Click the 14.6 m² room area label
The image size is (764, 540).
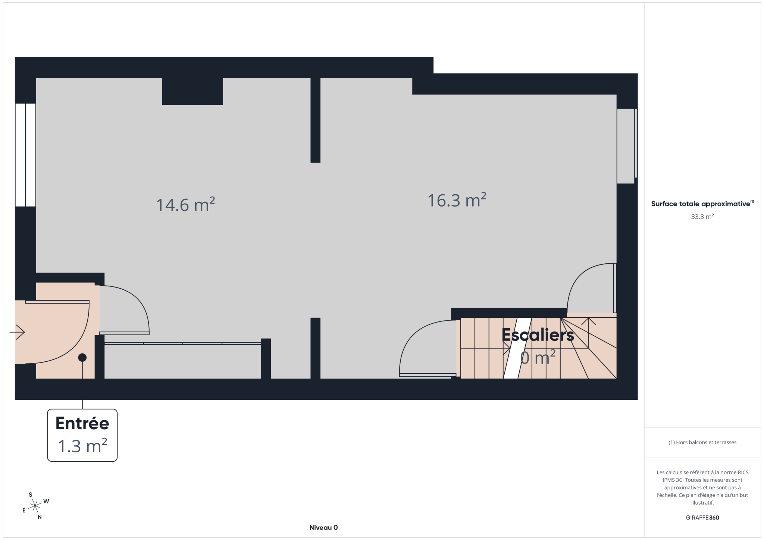coord(185,204)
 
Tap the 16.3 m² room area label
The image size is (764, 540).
coord(457,200)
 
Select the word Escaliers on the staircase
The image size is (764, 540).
coord(538,335)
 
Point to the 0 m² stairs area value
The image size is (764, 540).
coord(538,357)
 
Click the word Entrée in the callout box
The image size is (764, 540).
coord(82,423)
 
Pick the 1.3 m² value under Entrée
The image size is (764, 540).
coord(82,446)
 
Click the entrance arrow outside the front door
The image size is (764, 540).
coord(17,332)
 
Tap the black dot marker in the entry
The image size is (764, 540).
coord(82,358)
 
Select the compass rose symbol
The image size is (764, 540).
coord(35,506)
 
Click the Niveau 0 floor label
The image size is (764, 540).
coord(323,527)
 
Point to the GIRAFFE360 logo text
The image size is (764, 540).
coord(702,518)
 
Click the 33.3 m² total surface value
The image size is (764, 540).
coord(702,216)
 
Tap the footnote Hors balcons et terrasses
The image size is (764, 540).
coord(702,442)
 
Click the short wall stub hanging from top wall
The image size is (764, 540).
coord(315,120)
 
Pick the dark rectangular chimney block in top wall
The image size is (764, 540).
coord(192,91)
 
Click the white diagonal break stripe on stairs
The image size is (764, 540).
coord(517,348)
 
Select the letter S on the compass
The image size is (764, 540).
coord(31,495)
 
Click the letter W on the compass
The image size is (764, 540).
coord(46,501)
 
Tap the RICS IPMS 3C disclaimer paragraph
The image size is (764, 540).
coord(702,487)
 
